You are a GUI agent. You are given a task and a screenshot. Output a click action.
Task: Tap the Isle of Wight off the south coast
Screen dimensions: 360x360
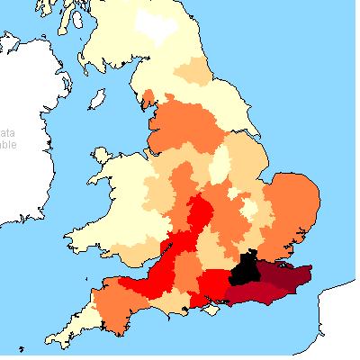(213, 310)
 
